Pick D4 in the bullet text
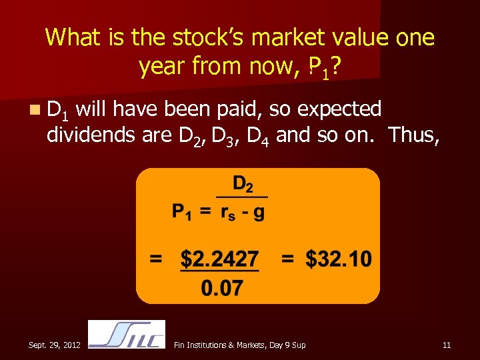(x=258, y=137)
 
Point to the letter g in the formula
(x=258, y=213)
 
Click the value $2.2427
(x=220, y=259)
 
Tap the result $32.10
(x=339, y=259)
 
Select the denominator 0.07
(x=221, y=288)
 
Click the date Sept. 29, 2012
(x=55, y=345)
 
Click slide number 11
(x=447, y=345)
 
